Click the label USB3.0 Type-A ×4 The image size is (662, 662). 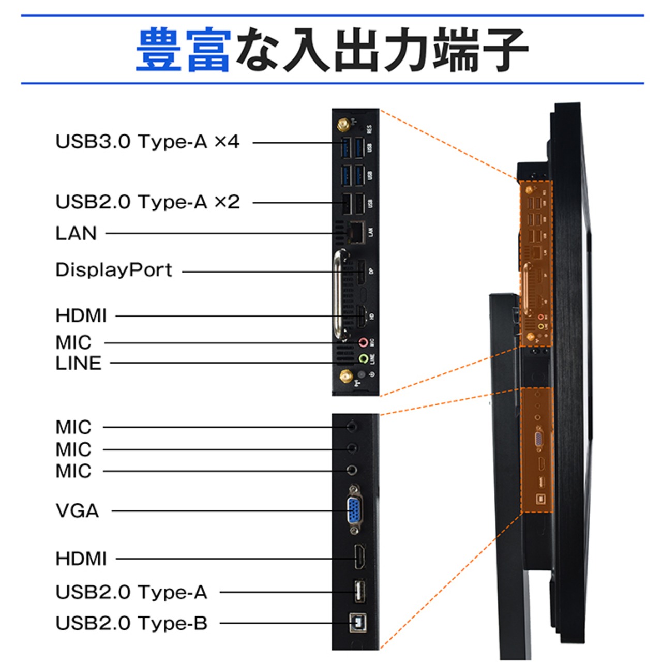tap(147, 142)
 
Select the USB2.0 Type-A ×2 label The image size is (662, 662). tap(147, 202)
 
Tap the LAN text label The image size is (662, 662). tap(76, 233)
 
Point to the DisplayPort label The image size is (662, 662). tap(114, 270)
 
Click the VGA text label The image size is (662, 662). tap(77, 511)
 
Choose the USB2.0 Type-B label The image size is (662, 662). tap(131, 623)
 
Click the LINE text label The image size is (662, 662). tap(79, 363)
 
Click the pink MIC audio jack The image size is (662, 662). tap(364, 342)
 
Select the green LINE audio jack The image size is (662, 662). tap(364, 358)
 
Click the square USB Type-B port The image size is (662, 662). tap(357, 623)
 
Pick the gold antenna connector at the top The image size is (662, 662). tap(342, 125)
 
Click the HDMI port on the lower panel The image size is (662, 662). tap(358, 558)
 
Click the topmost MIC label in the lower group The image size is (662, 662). tap(73, 427)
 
